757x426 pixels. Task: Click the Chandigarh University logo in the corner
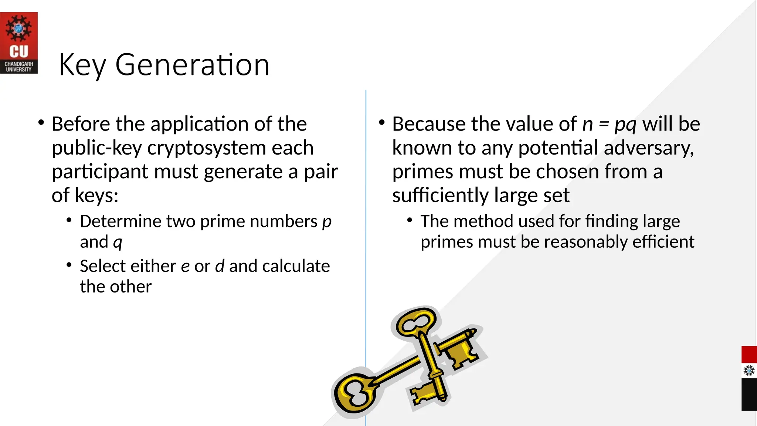19,43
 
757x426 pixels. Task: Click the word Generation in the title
192,65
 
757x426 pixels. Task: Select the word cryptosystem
206,148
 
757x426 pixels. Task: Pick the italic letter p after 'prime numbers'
327,222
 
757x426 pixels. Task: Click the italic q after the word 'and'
118,243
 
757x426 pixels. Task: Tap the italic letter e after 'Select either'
185,266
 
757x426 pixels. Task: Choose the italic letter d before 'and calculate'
220,266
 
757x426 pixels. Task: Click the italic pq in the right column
625,125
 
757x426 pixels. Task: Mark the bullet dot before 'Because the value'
382,122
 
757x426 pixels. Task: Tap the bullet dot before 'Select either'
69,265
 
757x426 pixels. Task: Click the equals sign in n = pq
604,124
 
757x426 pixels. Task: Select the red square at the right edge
749,355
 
